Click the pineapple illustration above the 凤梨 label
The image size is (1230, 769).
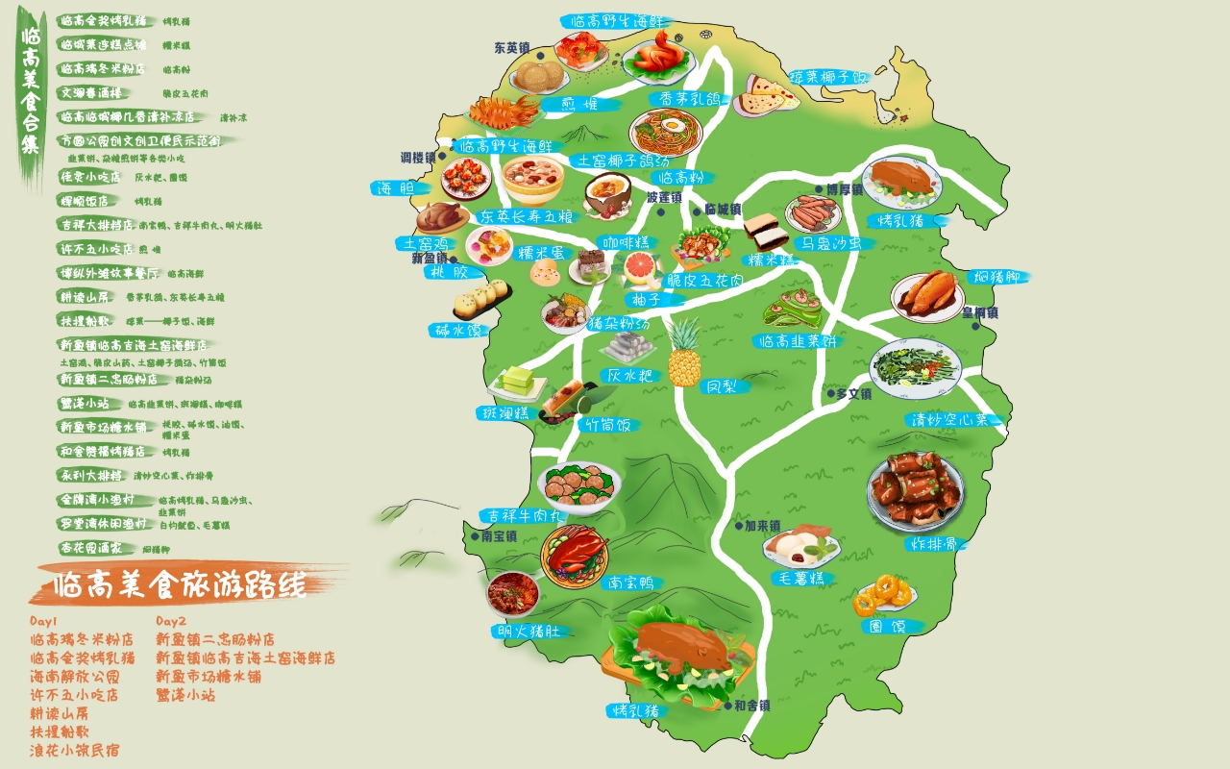point(684,352)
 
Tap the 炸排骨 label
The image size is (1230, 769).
point(929,544)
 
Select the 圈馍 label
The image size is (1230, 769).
point(887,626)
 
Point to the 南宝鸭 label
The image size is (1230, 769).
point(632,583)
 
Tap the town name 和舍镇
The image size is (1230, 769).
point(750,706)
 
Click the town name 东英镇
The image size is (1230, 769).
point(512,46)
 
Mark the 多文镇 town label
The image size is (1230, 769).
point(853,393)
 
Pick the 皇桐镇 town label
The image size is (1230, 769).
point(979,312)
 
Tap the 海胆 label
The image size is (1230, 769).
point(394,188)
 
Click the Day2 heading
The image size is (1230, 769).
point(171,621)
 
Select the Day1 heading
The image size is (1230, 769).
point(44,621)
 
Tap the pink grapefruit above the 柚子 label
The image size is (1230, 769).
point(642,270)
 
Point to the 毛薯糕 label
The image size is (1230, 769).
point(798,578)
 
